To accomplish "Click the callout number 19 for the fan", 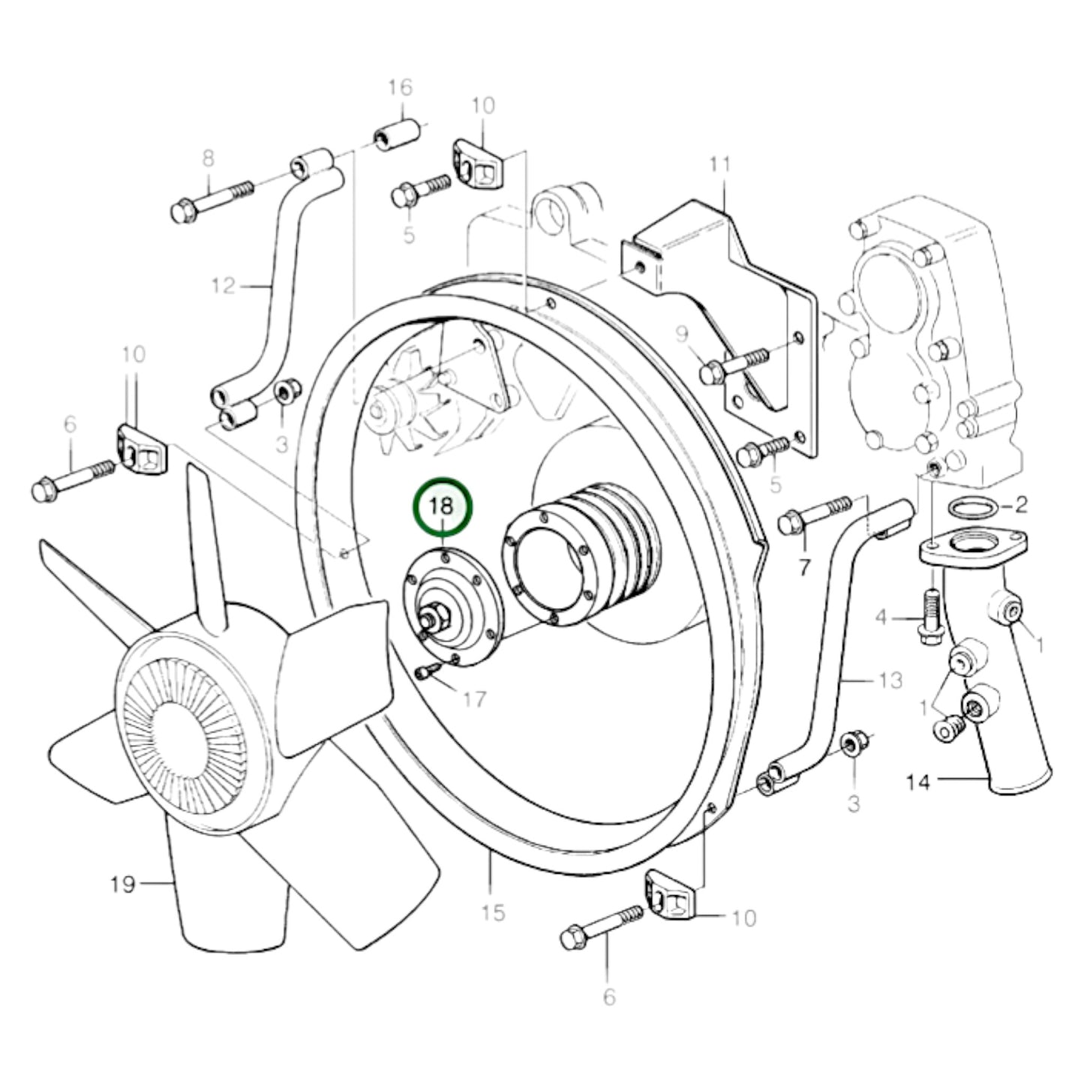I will tap(122, 885).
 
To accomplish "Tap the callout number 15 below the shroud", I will tap(493, 913).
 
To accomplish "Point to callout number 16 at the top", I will tap(400, 88).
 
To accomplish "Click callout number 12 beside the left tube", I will tap(223, 286).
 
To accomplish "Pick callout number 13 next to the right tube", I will tap(890, 681).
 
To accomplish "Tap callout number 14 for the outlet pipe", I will tap(917, 782).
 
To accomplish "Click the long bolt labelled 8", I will tap(214, 200).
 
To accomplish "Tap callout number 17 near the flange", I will tap(474, 700).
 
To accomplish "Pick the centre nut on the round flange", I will tap(436, 619).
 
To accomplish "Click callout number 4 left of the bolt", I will tap(881, 617).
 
